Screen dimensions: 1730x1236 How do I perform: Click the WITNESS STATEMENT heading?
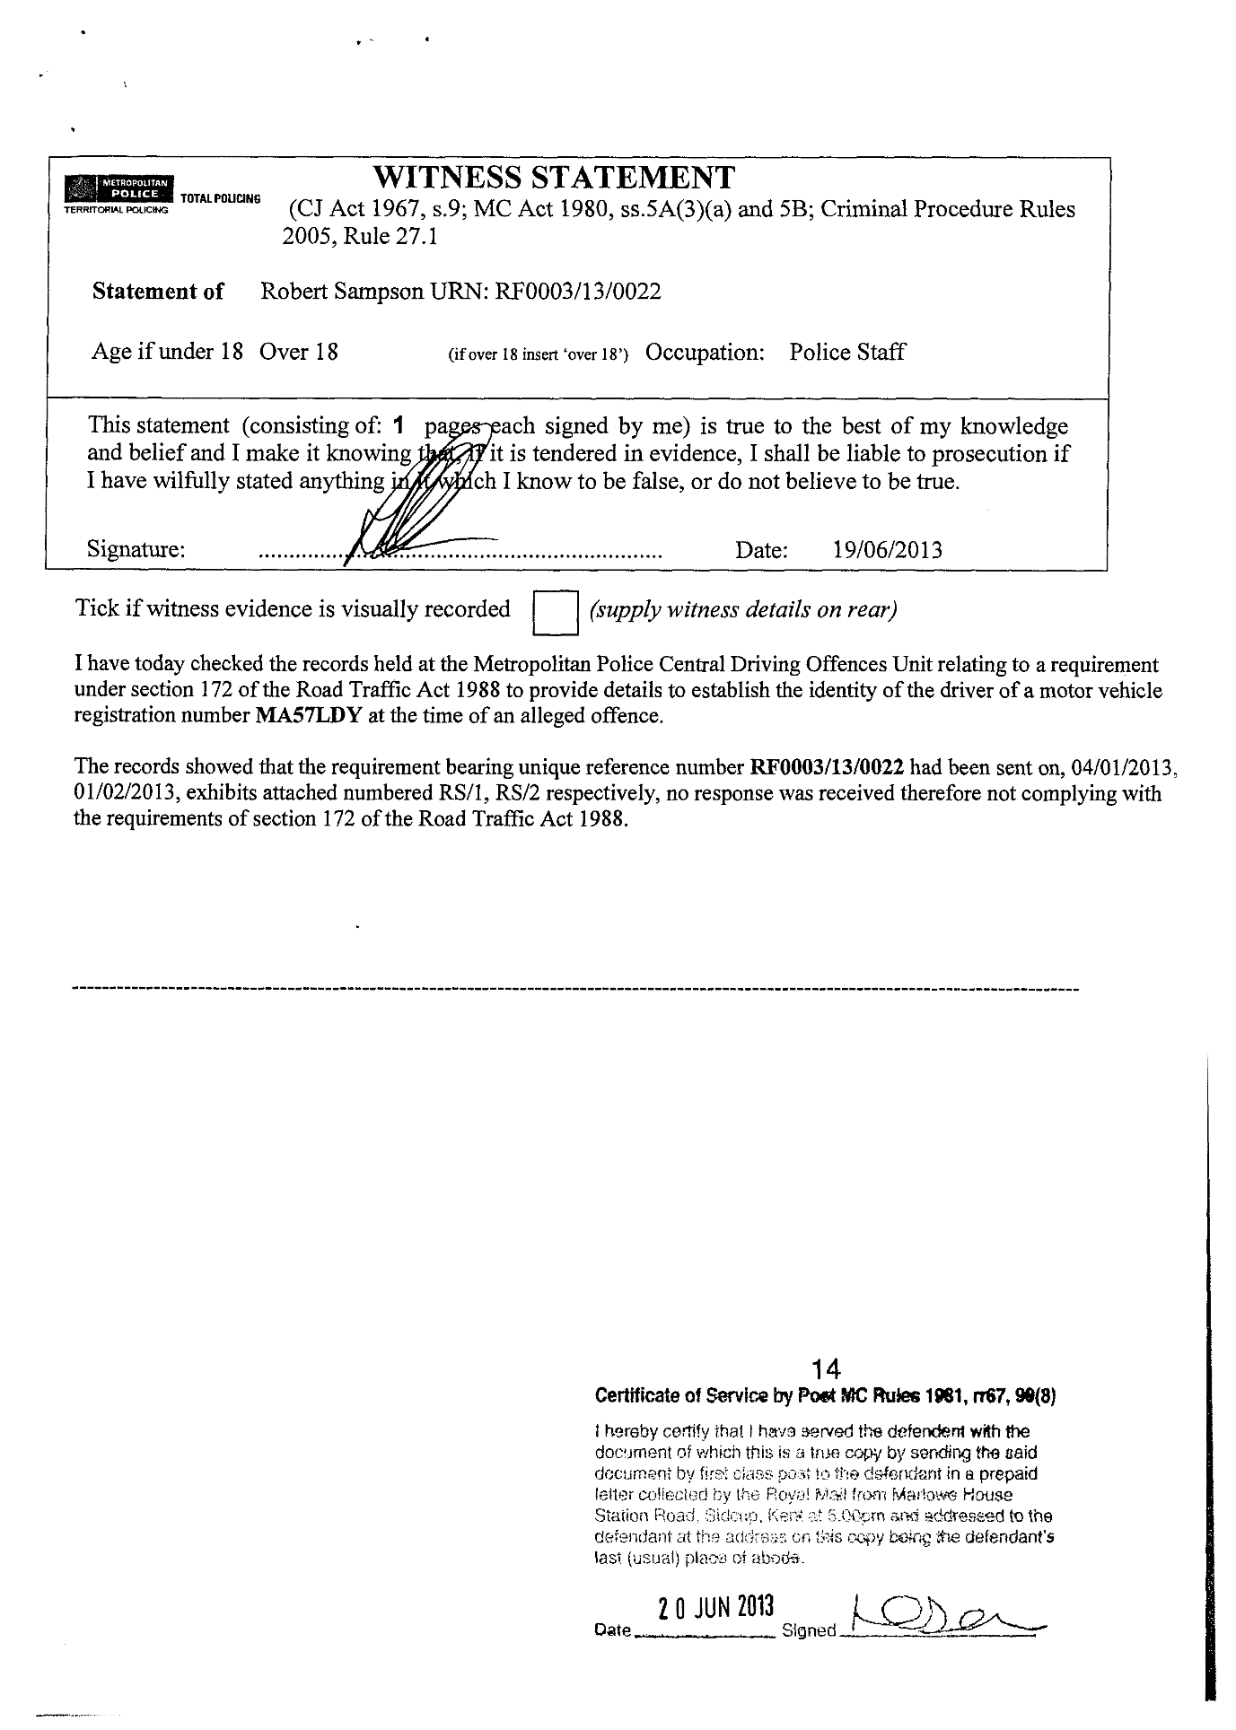tap(553, 177)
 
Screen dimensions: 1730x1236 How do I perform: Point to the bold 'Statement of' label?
tap(158, 292)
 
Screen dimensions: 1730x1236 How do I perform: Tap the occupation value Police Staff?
tap(846, 353)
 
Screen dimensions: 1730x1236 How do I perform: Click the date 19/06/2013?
tap(887, 549)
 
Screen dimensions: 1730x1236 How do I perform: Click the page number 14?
tap(824, 1369)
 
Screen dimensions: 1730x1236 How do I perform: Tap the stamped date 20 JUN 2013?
tap(715, 1605)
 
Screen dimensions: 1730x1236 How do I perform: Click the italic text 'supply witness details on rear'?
tap(742, 610)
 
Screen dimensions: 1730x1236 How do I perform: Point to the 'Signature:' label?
tap(136, 549)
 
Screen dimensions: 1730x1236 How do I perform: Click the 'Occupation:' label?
tap(705, 353)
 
